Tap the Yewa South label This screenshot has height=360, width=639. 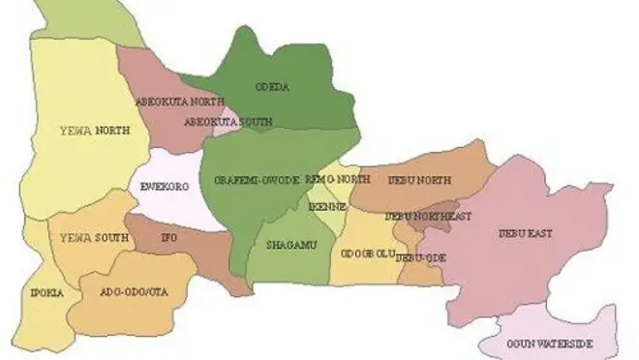[x=87, y=238]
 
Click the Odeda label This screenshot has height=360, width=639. [x=267, y=84]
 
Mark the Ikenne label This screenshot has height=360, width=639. [x=321, y=206]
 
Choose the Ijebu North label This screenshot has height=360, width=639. [x=419, y=181]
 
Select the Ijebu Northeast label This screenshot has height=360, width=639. [x=428, y=216]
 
